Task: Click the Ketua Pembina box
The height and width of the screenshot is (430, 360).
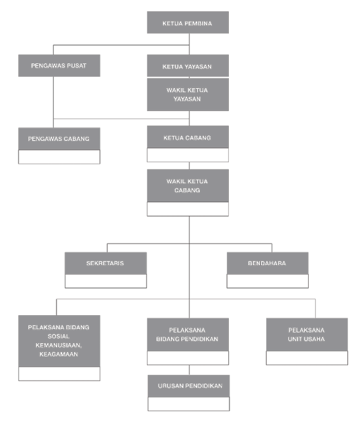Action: tap(188, 23)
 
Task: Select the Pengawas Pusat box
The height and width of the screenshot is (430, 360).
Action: tap(59, 65)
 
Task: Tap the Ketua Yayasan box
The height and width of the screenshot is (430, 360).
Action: tap(188, 65)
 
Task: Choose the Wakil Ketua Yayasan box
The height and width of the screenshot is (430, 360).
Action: tap(188, 94)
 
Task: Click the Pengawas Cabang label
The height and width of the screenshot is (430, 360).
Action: tap(59, 138)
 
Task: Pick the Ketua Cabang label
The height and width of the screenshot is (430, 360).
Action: tap(188, 137)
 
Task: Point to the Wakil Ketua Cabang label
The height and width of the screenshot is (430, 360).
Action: tap(188, 186)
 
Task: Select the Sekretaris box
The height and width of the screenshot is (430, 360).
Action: tap(106, 263)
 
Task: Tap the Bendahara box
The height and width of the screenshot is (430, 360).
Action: tap(267, 263)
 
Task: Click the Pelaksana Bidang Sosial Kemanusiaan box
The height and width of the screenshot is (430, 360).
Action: tap(59, 341)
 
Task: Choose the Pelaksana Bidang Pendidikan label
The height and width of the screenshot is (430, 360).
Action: tap(188, 334)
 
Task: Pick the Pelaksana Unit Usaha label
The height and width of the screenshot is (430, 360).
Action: tap(307, 334)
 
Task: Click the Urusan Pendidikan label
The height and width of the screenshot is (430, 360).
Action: tap(189, 386)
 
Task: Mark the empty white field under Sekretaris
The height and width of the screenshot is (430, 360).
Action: tap(106, 281)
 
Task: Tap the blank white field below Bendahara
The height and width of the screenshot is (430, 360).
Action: tap(267, 281)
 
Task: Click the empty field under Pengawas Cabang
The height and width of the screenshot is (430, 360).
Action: tap(59, 157)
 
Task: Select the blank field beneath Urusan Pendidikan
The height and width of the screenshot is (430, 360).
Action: tap(189, 404)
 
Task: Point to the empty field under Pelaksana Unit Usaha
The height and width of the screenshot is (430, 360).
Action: tap(307, 358)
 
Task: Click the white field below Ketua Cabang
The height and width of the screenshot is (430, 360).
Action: tap(188, 155)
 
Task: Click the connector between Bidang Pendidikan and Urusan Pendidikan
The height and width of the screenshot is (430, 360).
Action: tap(188, 370)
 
